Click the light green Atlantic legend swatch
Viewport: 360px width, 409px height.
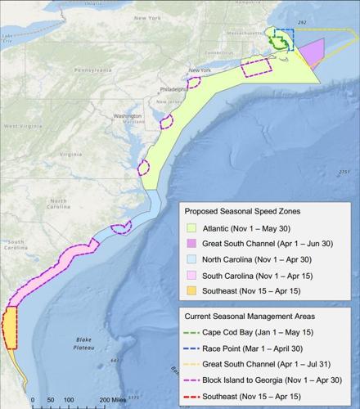[193, 228]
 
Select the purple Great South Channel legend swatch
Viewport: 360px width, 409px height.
[193, 245]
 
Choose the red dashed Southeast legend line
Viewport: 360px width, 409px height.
[193, 394]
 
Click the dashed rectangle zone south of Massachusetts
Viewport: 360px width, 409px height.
[259, 68]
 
